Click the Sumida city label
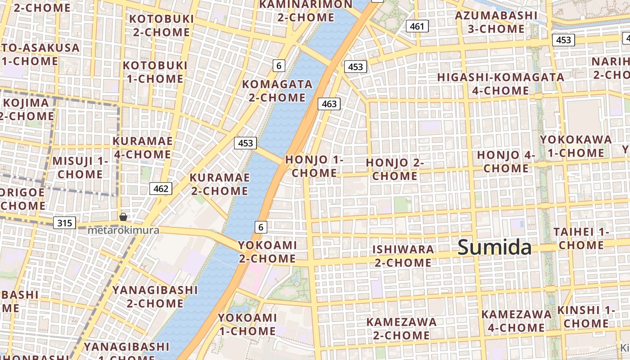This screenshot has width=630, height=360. click(x=495, y=248)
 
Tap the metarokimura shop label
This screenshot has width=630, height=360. click(x=123, y=230)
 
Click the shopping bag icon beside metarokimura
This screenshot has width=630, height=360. click(x=123, y=217)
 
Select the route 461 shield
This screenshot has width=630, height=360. click(x=417, y=27)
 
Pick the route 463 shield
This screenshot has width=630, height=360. click(x=329, y=104)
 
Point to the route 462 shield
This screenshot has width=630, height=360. click(x=161, y=189)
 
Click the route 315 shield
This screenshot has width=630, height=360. click(x=64, y=223)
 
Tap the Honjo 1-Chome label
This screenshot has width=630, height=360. click(x=314, y=166)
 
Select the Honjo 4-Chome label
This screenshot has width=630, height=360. click(x=506, y=162)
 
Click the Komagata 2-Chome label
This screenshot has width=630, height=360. click(x=277, y=90)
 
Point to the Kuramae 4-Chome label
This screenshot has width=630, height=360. click(x=142, y=148)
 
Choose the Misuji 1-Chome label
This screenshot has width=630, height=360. click(x=81, y=167)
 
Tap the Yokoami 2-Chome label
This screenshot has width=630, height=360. click(x=267, y=252)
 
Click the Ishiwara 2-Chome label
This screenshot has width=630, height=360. click(x=403, y=256)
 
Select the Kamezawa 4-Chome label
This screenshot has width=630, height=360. click(x=516, y=321)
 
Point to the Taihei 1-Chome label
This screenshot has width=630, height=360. click(x=581, y=238)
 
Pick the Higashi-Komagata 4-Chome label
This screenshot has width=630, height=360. click(x=500, y=84)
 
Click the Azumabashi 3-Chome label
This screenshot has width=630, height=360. click(x=496, y=22)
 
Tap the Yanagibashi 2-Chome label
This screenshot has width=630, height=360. click(x=155, y=296)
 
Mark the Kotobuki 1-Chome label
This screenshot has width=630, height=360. click(x=155, y=72)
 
